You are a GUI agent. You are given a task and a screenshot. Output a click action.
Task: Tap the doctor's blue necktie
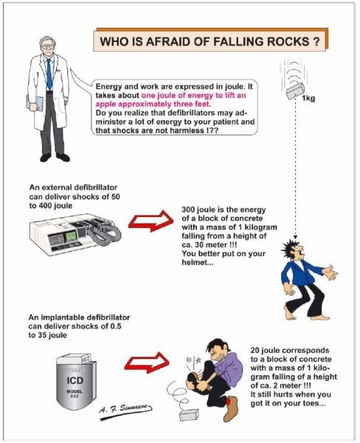click(x=49, y=74)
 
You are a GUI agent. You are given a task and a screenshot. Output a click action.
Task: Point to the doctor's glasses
click(x=47, y=47)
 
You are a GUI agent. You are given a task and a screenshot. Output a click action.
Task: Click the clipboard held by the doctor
click(x=35, y=103)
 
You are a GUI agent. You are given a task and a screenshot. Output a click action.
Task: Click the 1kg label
click(x=308, y=99)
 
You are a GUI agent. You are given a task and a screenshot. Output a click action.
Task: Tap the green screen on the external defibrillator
click(x=71, y=236)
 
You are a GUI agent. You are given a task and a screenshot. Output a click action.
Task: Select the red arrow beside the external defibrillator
click(x=150, y=221)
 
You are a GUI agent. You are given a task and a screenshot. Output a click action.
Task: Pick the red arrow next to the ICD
click(x=147, y=363)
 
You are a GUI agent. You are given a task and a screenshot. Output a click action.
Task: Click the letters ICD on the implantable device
click(x=75, y=380)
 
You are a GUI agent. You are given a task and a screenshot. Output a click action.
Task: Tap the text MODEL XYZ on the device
click(x=75, y=394)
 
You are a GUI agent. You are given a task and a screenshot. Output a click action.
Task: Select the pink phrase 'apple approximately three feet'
click(x=153, y=104)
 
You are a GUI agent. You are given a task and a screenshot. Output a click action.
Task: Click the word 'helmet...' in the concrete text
click(x=198, y=262)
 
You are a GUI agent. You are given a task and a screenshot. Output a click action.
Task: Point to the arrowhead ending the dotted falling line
click(x=295, y=237)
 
